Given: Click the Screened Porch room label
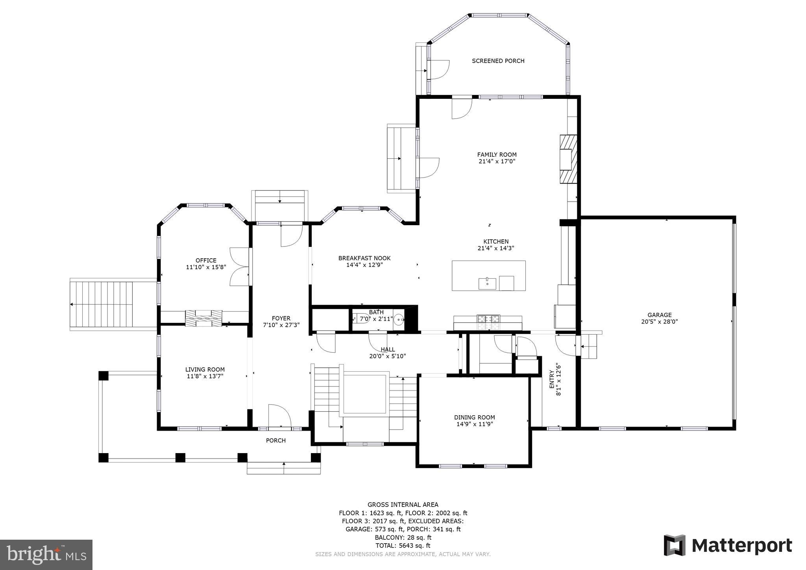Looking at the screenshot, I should tap(498, 61).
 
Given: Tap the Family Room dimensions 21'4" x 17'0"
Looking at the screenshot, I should tap(497, 161).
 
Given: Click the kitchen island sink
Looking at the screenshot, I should tap(487, 283).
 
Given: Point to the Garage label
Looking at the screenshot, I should tap(660, 315).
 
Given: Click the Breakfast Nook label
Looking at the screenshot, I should tap(364, 258).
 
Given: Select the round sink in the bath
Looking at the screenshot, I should tap(399, 319).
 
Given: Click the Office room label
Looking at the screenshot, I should tap(206, 260).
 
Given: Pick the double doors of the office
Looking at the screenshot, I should tap(239, 266).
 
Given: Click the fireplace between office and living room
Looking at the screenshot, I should tap(204, 318).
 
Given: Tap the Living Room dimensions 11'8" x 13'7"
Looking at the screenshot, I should tap(205, 376).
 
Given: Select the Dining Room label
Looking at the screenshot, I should tap(474, 417).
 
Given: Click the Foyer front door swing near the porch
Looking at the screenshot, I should tap(279, 417).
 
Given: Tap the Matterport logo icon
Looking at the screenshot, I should tap(675, 545).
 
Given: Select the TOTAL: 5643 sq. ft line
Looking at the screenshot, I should tap(403, 546).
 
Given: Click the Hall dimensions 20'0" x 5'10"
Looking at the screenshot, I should tap(387, 356).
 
